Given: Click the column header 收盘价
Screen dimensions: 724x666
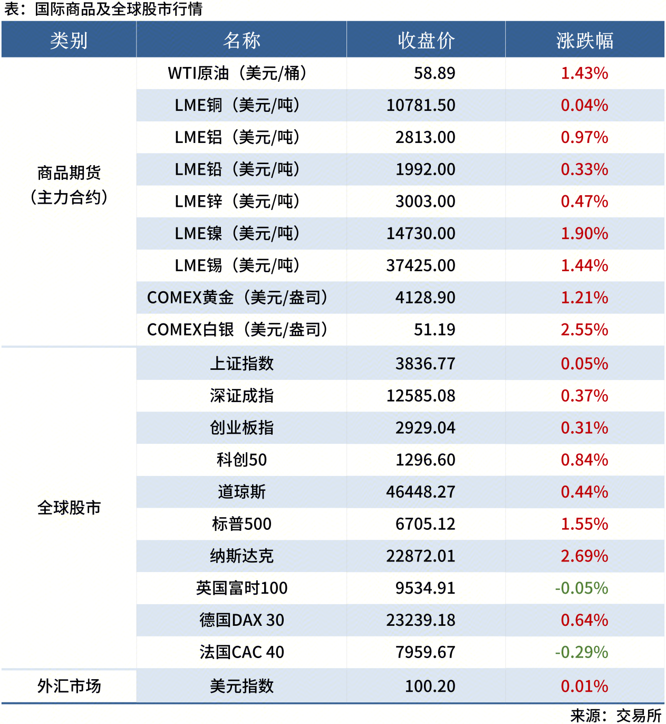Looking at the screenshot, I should point(426,40).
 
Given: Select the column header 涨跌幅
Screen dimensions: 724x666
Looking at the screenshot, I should point(584,40).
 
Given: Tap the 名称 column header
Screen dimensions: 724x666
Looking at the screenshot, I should point(242,40).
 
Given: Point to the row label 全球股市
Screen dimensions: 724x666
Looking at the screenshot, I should point(69,508).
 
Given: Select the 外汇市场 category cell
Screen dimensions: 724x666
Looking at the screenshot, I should point(69,686).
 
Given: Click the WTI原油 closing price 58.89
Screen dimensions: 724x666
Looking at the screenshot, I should point(434,73).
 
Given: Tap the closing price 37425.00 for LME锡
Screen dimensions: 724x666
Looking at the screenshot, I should point(421,265).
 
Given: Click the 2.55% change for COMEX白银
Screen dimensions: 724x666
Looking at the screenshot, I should point(584,330).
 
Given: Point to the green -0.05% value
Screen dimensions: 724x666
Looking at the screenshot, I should point(581,588).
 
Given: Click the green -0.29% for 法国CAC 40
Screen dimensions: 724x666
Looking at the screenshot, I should point(581,652).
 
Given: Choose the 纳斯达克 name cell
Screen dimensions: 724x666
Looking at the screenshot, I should point(242,556).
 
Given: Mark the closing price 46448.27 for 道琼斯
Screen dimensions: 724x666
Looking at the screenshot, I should point(421,492).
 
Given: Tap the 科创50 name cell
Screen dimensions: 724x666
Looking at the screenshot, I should point(242,460).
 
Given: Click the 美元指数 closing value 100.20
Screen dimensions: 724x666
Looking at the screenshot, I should point(430,686).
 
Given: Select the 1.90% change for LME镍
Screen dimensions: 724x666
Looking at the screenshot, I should point(584,233).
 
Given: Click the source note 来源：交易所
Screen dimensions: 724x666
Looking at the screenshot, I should point(615,716).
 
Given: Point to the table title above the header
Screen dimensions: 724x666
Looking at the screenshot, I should point(103,9).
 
